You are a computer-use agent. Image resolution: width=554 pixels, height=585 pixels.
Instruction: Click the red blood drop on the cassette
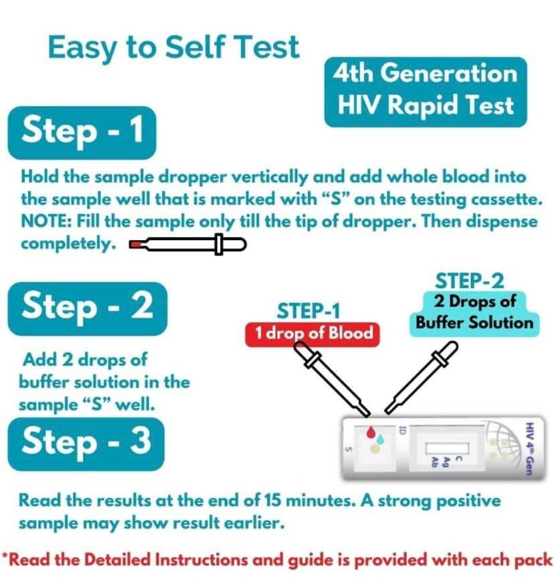[x=371, y=433]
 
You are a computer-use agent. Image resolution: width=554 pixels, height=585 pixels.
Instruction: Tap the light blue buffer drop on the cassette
[x=380, y=439]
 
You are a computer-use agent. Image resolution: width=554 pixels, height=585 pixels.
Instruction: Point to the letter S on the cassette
[x=349, y=449]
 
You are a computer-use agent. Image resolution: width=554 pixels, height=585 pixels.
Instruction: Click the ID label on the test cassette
[x=402, y=429]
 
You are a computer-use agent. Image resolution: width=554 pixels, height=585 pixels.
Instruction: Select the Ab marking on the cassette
[x=434, y=462]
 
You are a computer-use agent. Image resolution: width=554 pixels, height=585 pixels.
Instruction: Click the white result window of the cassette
[x=447, y=448]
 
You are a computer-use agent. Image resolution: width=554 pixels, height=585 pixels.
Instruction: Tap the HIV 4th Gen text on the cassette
[x=529, y=449]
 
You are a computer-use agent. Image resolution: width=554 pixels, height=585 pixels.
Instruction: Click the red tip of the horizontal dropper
[x=134, y=245]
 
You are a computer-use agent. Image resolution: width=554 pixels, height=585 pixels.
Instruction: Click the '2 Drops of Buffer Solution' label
[x=474, y=313]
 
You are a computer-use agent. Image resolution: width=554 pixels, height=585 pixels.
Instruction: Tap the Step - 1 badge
[x=82, y=132]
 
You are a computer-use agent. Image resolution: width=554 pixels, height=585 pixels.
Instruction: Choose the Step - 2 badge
[x=88, y=308]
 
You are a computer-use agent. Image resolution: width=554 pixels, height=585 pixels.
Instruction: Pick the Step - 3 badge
[x=86, y=444]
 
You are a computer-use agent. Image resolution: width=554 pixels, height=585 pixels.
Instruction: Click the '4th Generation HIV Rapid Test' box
[x=426, y=92]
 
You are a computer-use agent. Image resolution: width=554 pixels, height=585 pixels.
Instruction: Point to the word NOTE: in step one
[x=47, y=221]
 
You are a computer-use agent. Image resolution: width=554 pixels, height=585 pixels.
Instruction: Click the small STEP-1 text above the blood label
[x=308, y=312]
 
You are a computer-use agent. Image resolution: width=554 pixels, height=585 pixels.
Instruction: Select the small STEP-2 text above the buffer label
[x=469, y=281]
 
